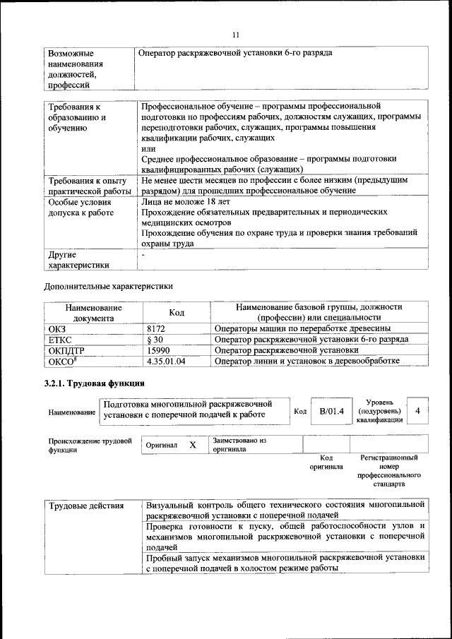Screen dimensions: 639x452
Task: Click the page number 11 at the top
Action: click(x=236, y=35)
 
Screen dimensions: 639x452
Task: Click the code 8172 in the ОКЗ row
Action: click(x=157, y=328)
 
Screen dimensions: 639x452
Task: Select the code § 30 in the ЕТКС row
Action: click(x=155, y=339)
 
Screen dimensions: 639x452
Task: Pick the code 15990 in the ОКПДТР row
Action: click(x=159, y=350)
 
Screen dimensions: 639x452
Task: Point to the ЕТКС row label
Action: click(x=59, y=339)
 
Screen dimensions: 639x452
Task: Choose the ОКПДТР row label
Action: click(x=66, y=350)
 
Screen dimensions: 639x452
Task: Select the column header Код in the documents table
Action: click(x=177, y=313)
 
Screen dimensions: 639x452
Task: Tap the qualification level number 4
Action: click(x=418, y=411)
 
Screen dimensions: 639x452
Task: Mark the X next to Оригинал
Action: click(x=192, y=446)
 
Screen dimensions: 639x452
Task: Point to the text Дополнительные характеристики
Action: click(x=108, y=287)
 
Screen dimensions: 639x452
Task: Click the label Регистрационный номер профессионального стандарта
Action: click(x=388, y=471)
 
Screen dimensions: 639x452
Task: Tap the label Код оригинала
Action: click(x=326, y=462)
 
